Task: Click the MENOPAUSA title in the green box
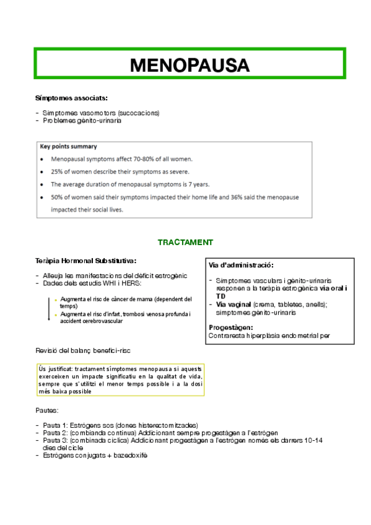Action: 190,64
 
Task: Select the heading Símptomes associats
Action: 71,98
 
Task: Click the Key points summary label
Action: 68,147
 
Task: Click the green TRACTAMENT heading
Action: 185,241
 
